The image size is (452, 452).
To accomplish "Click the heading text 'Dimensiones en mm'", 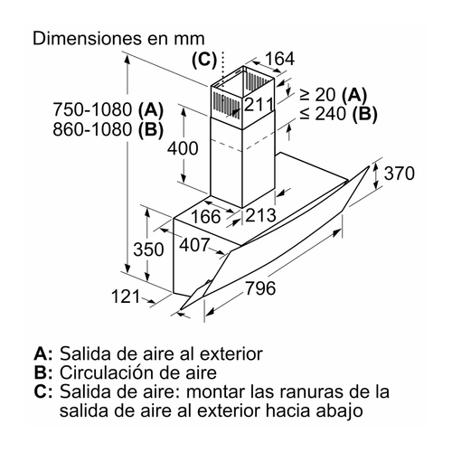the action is coord(118,39).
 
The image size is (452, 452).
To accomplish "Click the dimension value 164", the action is coord(279,59).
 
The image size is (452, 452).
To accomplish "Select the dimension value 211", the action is coord(259,104).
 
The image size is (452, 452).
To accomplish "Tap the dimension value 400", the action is coord(183,148).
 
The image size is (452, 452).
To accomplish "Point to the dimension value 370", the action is coord(400,174).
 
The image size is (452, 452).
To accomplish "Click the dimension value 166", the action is coord(206,216).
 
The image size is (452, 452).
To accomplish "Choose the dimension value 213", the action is coord(260,215).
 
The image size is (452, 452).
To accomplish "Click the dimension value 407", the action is coord(194,245).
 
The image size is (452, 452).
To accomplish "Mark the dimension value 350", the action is coord(148,250).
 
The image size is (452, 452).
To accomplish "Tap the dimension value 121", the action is coord(126,297).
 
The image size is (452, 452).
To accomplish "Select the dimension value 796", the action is coord(260,288).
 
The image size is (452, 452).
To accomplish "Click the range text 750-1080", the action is coord(92,109).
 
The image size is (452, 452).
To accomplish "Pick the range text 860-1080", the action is coord(92,129).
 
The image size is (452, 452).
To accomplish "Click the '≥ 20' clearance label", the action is coord(318,94).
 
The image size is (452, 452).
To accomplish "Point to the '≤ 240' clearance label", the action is coord(323,114).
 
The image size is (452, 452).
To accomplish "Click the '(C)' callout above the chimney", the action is coord(204,60).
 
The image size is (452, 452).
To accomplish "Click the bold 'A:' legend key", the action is coord(43,353).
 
